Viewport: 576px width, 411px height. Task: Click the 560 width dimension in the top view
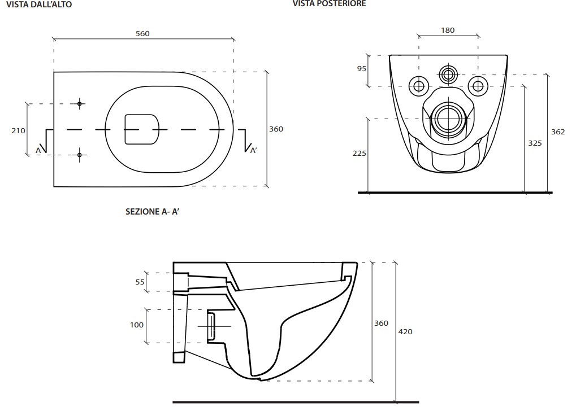coord(142,33)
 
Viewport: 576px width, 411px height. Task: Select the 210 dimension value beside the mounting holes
coord(18,130)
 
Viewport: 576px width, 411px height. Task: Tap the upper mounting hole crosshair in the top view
coord(80,103)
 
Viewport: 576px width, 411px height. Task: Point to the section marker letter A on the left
coord(38,150)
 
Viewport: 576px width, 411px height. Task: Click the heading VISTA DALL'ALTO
coord(39,5)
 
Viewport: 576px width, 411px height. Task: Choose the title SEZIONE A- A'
coord(153,213)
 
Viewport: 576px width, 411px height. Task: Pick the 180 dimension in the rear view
coord(448,30)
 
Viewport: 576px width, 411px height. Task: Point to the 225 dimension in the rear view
coord(360,153)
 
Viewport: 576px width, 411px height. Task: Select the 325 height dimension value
coord(535,143)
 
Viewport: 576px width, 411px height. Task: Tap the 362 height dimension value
coord(558,132)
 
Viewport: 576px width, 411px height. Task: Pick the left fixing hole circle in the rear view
coord(419,86)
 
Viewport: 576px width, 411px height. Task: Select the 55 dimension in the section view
coord(140,282)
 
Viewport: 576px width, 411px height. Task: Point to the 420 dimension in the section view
coord(405,331)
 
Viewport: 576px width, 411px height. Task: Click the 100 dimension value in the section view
coord(137,325)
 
